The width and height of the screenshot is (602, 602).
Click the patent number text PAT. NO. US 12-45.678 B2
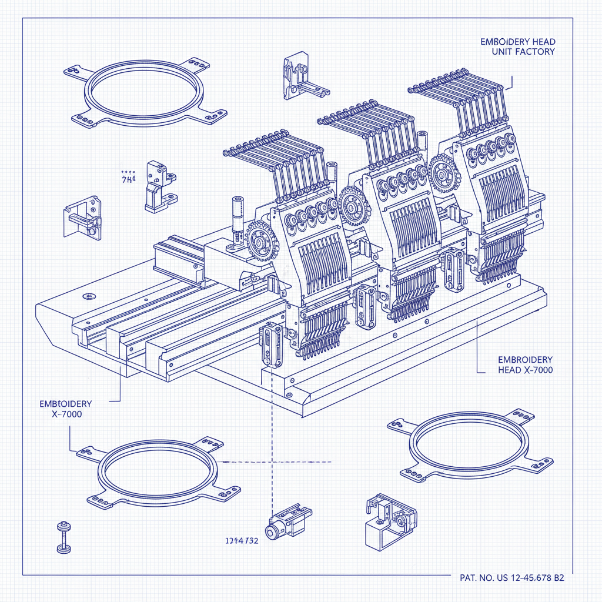point(510,578)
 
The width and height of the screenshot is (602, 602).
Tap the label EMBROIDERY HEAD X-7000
point(525,364)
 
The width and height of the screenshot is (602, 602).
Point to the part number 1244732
point(242,541)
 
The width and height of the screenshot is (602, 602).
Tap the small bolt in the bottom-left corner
point(63,536)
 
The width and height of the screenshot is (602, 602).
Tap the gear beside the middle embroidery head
point(353,206)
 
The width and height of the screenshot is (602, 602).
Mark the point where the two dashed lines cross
point(272,461)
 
